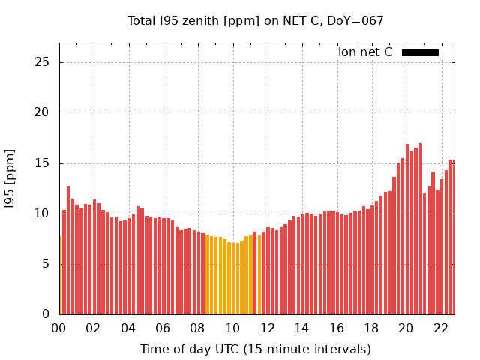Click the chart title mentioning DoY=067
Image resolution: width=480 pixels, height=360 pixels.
255,20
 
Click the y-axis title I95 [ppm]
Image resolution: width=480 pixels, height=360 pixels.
10,178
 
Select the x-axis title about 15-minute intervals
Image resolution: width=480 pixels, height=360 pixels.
255,349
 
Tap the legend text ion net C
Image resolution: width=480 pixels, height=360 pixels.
365,52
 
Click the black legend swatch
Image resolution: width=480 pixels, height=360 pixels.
420,52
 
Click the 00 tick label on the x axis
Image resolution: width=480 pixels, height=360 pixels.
58,328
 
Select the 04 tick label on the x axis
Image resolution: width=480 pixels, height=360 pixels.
128,328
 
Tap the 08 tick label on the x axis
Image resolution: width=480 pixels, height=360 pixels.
198,328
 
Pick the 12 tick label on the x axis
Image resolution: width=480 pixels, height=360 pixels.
267,328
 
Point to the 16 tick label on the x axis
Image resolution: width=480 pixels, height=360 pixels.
337,328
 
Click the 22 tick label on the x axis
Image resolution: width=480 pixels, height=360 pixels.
441,328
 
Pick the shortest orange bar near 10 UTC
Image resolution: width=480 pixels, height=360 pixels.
232,278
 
